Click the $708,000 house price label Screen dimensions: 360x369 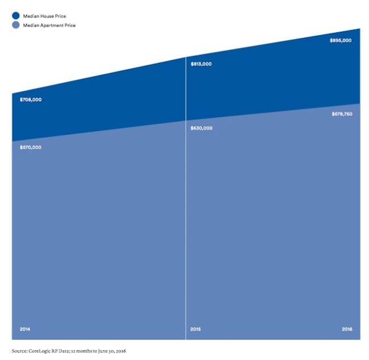click(31, 100)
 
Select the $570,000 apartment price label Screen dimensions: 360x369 click(31, 147)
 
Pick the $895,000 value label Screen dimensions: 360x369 click(341, 41)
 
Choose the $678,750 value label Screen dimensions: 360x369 click(342, 114)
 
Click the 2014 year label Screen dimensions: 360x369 click(25, 329)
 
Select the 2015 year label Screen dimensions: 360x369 click(195, 329)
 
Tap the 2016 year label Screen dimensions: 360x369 click(347, 329)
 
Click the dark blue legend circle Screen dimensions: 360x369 click(16, 16)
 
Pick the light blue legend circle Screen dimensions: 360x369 click(16, 26)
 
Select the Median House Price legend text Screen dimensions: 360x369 click(44, 16)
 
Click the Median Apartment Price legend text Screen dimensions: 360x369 click(49, 26)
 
